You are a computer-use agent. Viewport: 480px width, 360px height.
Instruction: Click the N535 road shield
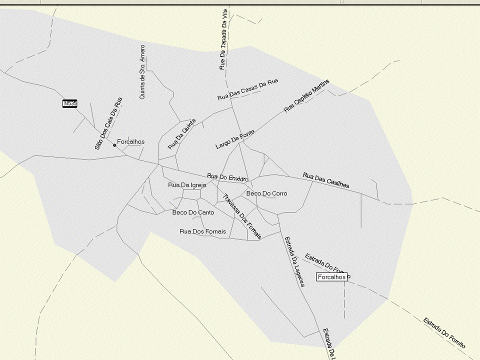pyautogui.click(x=70, y=103)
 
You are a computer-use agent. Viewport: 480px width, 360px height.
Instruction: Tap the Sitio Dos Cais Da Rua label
pyautogui.click(x=108, y=123)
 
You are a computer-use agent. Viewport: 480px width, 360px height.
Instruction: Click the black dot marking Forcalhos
pyautogui.click(x=114, y=145)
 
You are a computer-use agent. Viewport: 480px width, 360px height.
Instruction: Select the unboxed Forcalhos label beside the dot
pyautogui.click(x=130, y=142)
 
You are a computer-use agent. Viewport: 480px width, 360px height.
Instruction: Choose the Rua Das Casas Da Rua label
pyautogui.click(x=247, y=90)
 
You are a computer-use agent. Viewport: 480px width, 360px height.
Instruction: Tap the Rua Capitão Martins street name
pyautogui.click(x=307, y=95)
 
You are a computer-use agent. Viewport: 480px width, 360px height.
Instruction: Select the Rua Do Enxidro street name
pyautogui.click(x=228, y=177)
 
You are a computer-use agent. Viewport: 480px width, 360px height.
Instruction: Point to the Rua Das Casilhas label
pyautogui.click(x=326, y=180)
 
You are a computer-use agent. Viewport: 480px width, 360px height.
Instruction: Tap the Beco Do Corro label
pyautogui.click(x=267, y=193)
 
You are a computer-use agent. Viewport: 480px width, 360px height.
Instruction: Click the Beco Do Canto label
pyautogui.click(x=193, y=212)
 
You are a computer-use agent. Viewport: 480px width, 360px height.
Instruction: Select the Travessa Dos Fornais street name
pyautogui.click(x=242, y=216)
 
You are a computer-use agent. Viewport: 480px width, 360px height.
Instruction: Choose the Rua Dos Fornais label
pyautogui.click(x=203, y=231)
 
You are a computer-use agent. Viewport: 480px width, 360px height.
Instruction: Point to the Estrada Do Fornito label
pyautogui.click(x=444, y=333)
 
